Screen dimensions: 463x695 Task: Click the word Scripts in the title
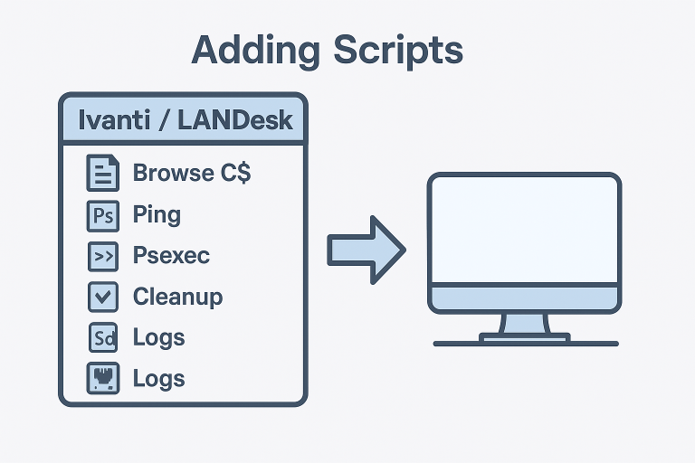tap(397, 51)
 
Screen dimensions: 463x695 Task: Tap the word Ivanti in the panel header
tap(114, 119)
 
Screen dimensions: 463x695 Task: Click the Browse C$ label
tap(191, 173)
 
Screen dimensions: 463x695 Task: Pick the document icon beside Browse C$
tap(102, 173)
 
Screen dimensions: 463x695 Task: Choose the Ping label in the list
tap(157, 215)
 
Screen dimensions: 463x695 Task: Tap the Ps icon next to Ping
tap(102, 216)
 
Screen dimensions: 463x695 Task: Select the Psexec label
tap(171, 256)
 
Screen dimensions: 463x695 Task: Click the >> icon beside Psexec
tap(102, 257)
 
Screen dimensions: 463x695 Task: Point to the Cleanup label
tap(177, 297)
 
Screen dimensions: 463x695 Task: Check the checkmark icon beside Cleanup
tap(102, 298)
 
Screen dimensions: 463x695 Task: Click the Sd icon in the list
tap(102, 338)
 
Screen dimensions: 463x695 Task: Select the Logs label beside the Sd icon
tap(158, 337)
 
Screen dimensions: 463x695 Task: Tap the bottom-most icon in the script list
tap(102, 378)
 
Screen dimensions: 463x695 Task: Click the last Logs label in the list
tap(158, 378)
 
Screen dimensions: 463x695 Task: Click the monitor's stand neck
tap(524, 324)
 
